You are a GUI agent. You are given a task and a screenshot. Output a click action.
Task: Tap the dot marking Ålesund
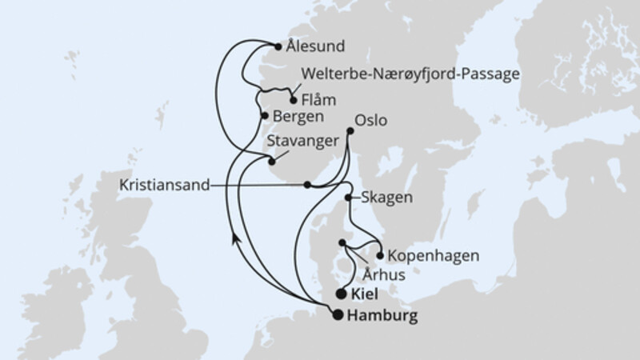[x=278, y=46]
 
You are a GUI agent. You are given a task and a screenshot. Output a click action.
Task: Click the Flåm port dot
[x=294, y=101]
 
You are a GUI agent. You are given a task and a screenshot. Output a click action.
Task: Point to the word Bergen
[x=298, y=116]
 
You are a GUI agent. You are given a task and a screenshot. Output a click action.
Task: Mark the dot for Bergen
[x=265, y=115]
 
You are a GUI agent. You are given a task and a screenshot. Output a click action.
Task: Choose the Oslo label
[x=370, y=122]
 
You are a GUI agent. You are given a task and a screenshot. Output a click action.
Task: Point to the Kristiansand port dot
[x=307, y=185]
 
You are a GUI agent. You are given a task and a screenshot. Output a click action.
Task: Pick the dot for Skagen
[x=349, y=197]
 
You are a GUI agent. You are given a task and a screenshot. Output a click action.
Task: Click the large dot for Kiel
[x=342, y=294]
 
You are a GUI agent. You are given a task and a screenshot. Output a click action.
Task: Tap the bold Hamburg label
[x=382, y=316]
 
